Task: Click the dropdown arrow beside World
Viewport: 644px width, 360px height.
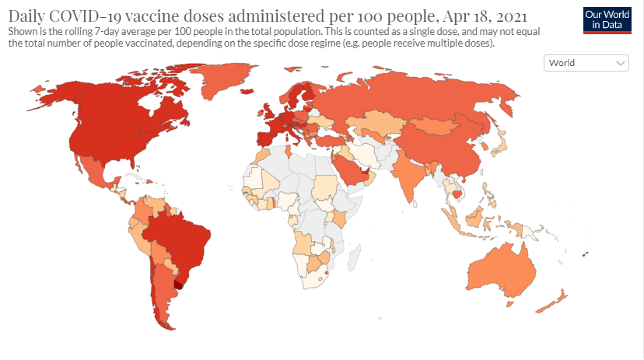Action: click(621, 63)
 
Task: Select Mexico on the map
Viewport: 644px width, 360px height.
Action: click(97, 175)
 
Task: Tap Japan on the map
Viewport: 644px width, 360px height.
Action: click(502, 145)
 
